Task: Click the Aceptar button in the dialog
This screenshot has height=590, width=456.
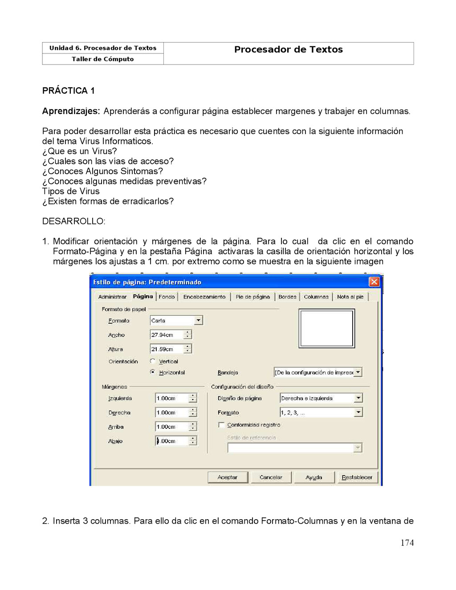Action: coord(228,477)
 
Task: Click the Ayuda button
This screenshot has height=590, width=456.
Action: coord(314,477)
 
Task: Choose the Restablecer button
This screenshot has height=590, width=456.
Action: coord(357,477)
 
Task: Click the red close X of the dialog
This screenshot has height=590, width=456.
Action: coord(374,282)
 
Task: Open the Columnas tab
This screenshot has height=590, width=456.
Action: coord(316,297)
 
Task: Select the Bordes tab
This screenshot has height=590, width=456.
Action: coord(287,297)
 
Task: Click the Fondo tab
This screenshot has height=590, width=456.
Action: coord(167,297)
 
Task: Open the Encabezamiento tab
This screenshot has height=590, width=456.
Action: coord(204,297)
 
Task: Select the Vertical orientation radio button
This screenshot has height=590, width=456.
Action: coord(153,361)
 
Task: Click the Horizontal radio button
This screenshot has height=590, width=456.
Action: coord(153,372)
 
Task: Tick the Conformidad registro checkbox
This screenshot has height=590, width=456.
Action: coord(221,425)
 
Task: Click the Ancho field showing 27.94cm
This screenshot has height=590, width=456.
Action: coord(167,335)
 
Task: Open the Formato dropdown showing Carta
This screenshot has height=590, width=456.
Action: coord(199,321)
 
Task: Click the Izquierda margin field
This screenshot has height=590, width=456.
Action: coord(171,399)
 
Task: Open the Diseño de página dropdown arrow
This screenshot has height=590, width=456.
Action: coord(358,398)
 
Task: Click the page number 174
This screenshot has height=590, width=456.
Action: coord(407,543)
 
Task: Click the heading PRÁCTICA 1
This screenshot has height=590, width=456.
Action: coord(68,91)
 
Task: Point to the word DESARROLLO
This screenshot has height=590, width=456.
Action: coord(73,221)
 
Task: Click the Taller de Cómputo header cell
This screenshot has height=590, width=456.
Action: coord(103,59)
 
